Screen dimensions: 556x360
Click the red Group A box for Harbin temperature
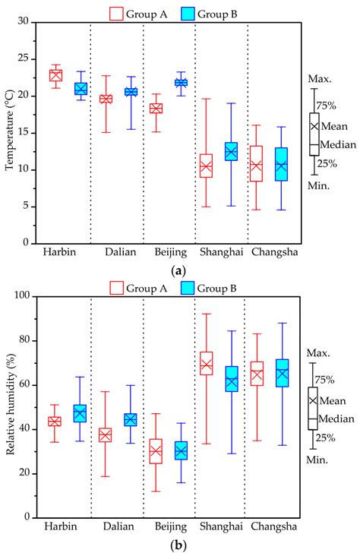[x=55, y=75]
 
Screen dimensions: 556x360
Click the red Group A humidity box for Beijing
[x=156, y=451]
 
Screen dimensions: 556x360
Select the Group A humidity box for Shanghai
[x=206, y=364]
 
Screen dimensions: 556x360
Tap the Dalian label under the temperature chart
[x=116, y=253]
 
